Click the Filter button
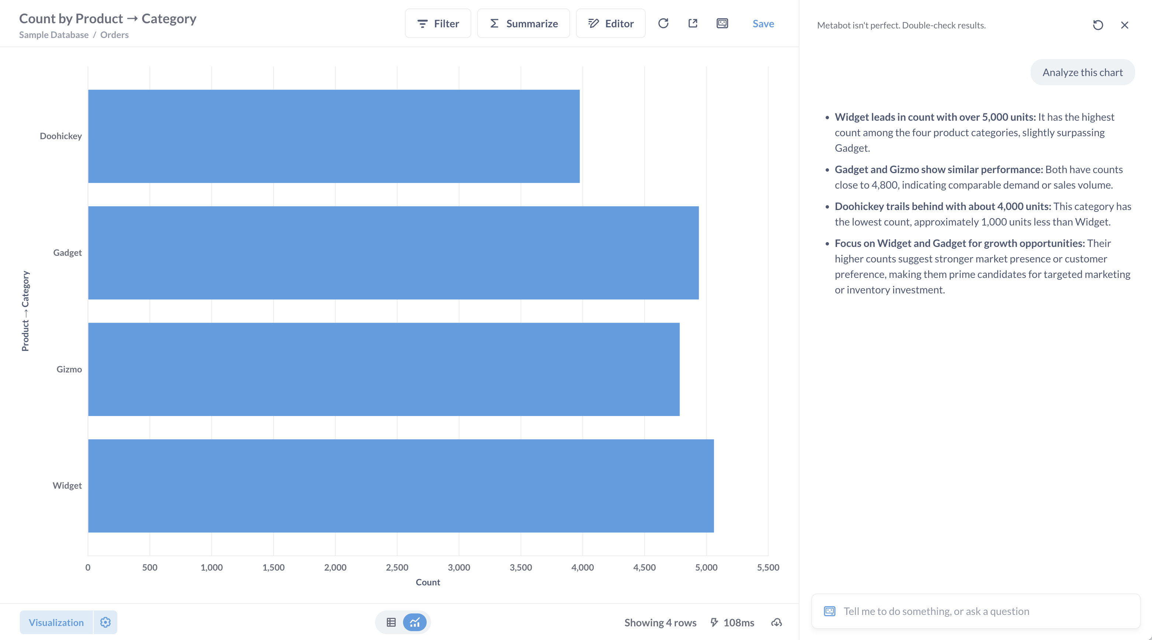438,24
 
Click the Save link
763,24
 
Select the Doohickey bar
334,136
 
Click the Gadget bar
393,253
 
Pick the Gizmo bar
384,369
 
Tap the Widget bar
401,486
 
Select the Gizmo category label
69,369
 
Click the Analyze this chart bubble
1082,72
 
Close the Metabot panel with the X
1124,25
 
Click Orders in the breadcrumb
114,35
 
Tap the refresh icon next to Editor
663,23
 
